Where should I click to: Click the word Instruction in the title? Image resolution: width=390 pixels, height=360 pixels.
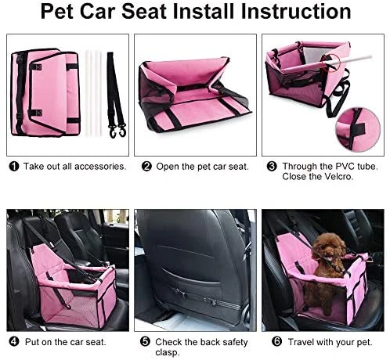(296, 12)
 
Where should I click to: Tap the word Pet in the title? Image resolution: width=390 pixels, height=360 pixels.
(56, 12)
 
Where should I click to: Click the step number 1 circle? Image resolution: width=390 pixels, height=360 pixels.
(14, 166)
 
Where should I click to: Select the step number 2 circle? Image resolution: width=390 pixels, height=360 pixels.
(146, 166)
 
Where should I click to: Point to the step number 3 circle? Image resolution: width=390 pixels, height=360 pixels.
(272, 166)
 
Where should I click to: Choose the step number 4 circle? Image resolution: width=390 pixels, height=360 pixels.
(14, 341)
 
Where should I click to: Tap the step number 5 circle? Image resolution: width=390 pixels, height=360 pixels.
(145, 341)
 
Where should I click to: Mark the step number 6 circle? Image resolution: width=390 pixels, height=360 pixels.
(277, 341)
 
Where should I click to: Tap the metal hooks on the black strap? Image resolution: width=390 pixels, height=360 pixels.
(117, 131)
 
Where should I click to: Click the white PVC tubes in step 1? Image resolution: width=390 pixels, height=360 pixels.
(92, 93)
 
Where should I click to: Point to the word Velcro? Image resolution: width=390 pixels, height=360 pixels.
(338, 177)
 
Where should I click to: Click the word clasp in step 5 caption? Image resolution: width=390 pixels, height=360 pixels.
(168, 352)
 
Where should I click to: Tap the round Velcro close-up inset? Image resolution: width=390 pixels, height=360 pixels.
(358, 128)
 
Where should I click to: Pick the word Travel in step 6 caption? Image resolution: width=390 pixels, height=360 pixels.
(301, 342)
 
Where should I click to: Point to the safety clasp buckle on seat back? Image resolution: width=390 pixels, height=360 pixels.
(212, 302)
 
